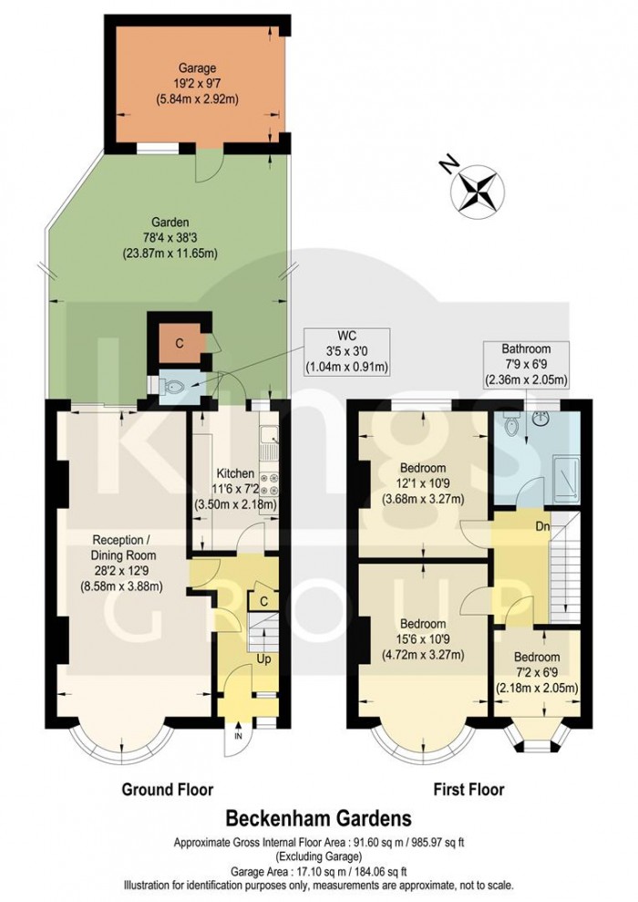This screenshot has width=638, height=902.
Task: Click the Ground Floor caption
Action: [168, 789]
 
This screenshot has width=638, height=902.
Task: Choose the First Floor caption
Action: [468, 789]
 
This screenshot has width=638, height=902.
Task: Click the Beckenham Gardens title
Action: [319, 817]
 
